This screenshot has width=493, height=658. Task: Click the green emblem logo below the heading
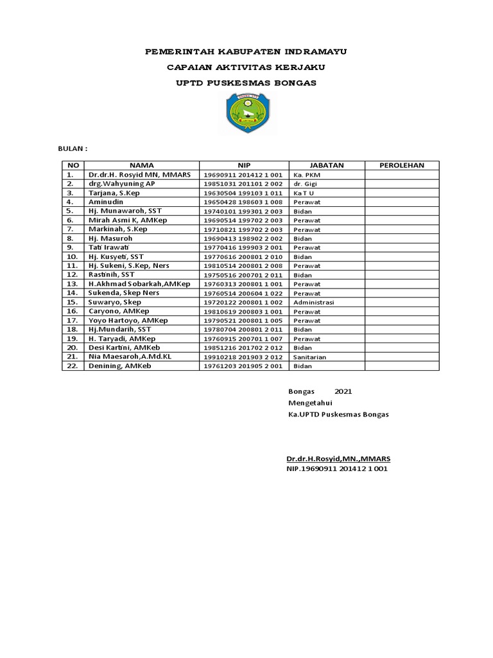click(x=246, y=114)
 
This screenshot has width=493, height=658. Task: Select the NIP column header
click(x=244, y=165)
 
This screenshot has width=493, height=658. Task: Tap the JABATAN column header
click(x=327, y=165)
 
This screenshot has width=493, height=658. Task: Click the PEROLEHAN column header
click(x=402, y=165)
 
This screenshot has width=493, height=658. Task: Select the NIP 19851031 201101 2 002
click(x=243, y=184)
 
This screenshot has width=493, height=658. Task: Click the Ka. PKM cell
click(x=306, y=175)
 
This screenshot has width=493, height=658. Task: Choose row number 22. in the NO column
click(x=72, y=366)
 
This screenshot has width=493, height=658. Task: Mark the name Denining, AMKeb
click(x=121, y=366)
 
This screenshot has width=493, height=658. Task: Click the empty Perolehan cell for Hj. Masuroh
click(x=402, y=238)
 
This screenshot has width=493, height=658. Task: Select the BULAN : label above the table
click(x=73, y=148)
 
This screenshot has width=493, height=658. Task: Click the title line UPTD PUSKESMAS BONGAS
click(x=246, y=83)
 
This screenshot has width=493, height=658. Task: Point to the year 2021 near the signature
click(x=343, y=391)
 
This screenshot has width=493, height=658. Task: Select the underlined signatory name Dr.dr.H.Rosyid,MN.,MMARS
click(x=338, y=459)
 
